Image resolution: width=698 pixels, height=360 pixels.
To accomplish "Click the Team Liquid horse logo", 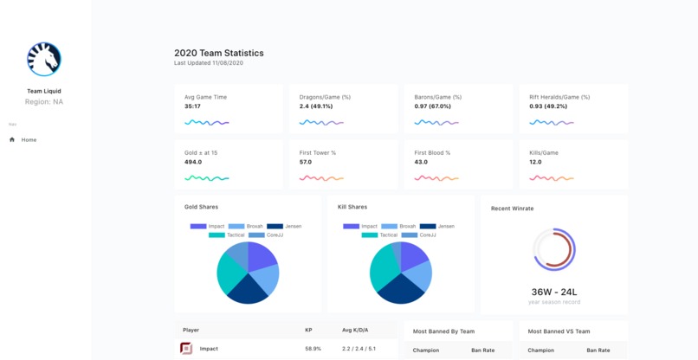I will [43, 60].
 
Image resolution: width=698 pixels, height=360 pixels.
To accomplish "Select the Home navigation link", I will [29, 139].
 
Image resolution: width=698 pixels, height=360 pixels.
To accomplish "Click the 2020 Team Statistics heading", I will [218, 53].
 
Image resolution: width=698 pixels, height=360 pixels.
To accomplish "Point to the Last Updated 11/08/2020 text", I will [208, 63].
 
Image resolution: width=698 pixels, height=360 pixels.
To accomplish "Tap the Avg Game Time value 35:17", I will [192, 106].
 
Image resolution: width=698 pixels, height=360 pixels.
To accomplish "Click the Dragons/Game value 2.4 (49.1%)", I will [316, 106].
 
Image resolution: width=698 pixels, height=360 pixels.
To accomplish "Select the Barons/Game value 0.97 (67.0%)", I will [432, 106].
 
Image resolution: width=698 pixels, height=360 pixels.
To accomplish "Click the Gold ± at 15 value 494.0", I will [193, 162].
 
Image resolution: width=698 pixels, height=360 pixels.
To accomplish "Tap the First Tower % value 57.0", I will [306, 162].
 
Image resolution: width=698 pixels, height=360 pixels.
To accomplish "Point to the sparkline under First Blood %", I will [436, 178].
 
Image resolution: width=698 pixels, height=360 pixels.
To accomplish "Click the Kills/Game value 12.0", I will [535, 162].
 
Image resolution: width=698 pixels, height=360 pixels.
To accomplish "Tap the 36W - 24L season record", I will [554, 292].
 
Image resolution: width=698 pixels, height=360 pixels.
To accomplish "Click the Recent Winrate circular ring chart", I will [554, 250].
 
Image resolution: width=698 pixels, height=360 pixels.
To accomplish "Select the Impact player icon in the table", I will [186, 349].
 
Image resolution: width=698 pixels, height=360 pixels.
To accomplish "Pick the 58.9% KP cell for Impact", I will [313, 349].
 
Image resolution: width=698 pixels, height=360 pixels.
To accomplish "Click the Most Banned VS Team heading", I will [559, 331].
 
